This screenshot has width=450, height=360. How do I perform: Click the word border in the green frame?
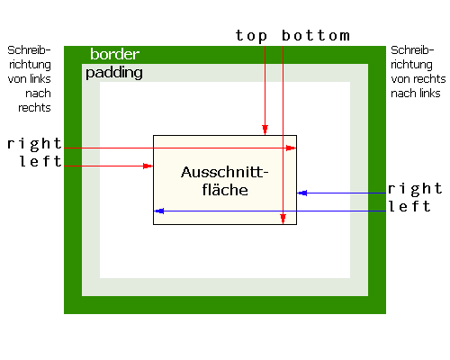114,54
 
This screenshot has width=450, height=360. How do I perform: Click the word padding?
114,73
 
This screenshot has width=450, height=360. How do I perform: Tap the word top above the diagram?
251,36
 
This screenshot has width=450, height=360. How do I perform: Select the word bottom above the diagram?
316,36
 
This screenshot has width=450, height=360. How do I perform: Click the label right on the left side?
34,144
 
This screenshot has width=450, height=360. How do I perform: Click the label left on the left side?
40,161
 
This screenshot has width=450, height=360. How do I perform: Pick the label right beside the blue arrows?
415,189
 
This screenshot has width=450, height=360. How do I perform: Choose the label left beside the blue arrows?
409,206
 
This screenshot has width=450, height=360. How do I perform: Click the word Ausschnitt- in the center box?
224,172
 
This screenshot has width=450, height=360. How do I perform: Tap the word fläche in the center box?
225,190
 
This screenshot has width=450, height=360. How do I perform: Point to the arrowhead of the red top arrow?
265,130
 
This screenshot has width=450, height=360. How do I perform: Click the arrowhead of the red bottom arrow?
283,219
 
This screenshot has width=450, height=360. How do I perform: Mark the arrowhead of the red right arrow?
291,148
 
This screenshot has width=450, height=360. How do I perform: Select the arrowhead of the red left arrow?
148,166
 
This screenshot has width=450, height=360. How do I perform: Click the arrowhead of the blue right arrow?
302,193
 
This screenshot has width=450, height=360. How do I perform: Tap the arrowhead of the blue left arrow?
159,211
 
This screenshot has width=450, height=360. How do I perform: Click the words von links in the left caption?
30,79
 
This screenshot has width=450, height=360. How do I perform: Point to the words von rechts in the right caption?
418,79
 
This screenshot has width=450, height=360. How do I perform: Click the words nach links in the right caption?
416,94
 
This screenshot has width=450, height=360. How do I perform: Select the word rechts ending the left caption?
34,108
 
